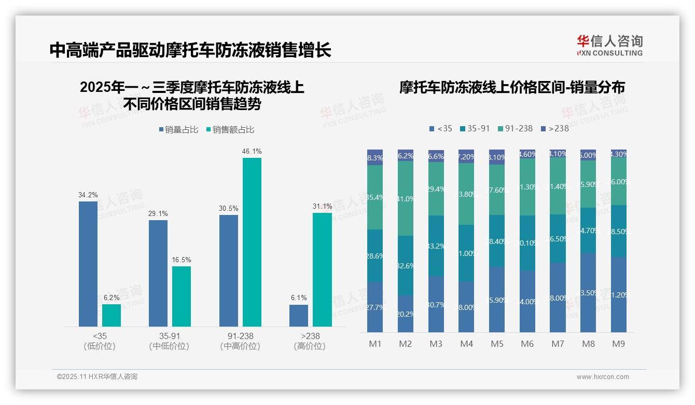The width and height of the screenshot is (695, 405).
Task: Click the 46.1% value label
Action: pos(252,151)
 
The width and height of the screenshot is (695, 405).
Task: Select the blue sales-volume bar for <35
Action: pos(88,264)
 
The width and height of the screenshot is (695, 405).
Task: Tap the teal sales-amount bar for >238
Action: pos(322,269)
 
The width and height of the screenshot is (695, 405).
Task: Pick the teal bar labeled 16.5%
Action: pos(182,296)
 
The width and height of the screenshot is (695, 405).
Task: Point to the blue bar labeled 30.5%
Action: pos(229,271)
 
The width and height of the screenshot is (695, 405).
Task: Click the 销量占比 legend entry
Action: pos(178,129)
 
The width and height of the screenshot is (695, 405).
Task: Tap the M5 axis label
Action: pos(497,344)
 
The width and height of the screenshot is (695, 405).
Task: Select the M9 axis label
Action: pos(618,344)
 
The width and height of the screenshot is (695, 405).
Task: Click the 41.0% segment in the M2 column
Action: pos(406,198)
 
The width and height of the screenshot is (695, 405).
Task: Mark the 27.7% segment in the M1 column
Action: pos(375,307)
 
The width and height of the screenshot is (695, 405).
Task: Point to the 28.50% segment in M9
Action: pos(619,231)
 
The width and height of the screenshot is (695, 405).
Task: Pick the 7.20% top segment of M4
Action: pos(466,156)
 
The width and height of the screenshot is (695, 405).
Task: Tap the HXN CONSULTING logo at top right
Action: pos(609,45)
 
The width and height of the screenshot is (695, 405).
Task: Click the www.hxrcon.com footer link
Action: pos(603,377)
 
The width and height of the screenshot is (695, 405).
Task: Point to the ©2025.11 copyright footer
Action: pos(97,376)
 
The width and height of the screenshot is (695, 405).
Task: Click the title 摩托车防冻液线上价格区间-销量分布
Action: pos(512,87)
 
